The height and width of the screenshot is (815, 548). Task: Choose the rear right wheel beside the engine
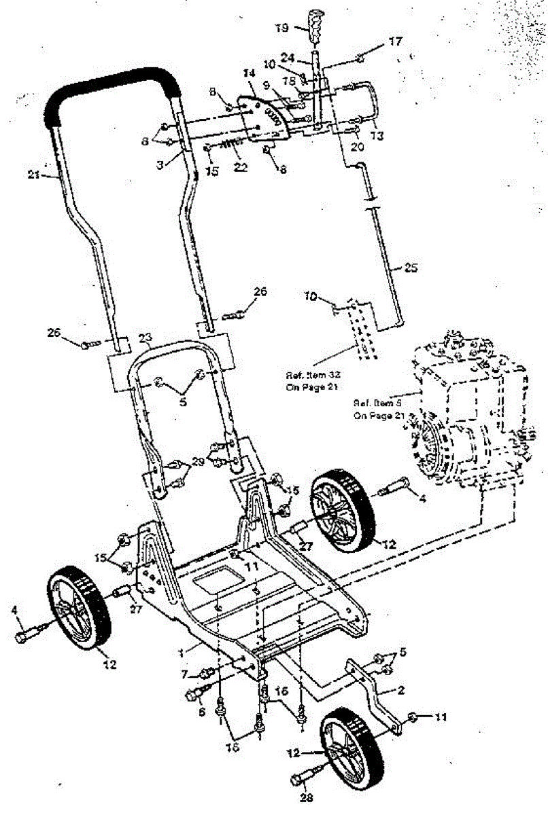coord(343,510)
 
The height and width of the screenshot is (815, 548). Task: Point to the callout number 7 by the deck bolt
coord(184,673)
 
